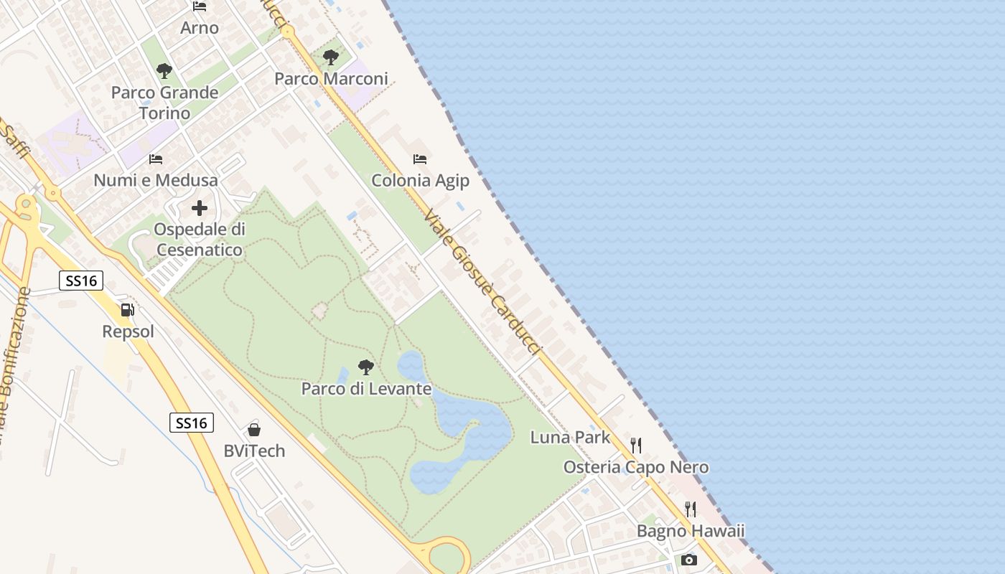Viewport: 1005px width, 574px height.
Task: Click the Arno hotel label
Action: (200, 28)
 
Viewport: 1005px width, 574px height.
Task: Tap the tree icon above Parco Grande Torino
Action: (164, 71)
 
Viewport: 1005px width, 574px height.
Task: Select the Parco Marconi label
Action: (331, 79)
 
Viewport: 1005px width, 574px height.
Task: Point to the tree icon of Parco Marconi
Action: (331, 57)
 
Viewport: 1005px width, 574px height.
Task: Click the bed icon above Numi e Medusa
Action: (156, 159)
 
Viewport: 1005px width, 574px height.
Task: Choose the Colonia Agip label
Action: (420, 181)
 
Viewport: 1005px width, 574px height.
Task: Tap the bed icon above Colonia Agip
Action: (420, 159)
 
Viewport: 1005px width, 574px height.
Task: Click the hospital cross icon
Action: (200, 209)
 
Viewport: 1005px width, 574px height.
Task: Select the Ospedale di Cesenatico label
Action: (200, 240)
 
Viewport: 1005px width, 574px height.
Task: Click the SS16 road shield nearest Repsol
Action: (81, 281)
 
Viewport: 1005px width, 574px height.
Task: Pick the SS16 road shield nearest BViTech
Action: (192, 423)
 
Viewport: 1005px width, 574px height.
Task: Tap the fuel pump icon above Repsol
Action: (128, 310)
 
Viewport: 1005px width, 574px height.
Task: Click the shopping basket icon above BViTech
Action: (253, 430)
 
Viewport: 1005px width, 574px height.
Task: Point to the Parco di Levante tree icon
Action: (366, 367)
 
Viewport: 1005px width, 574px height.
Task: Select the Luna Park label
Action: (570, 438)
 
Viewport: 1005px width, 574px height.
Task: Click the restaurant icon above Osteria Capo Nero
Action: (635, 446)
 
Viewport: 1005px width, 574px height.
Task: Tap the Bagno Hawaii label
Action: (691, 532)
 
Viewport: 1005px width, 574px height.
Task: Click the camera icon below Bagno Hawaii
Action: (689, 560)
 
